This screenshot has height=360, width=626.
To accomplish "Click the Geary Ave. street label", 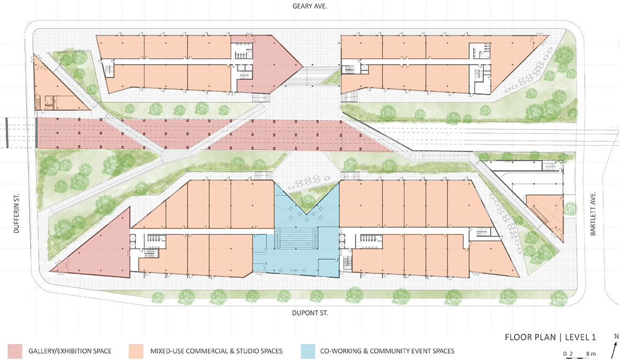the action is click(x=309, y=6).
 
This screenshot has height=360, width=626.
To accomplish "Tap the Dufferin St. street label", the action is click(x=16, y=214).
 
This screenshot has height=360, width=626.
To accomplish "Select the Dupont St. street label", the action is click(x=310, y=313).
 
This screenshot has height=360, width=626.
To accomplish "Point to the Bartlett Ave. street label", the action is click(x=593, y=214).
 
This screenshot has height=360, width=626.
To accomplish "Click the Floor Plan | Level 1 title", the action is click(x=550, y=337).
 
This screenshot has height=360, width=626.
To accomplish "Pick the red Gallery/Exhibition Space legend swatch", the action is click(x=15, y=351).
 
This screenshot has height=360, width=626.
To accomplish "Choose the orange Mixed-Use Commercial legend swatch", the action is click(x=136, y=351).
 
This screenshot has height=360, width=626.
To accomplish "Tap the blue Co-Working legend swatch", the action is click(x=307, y=351).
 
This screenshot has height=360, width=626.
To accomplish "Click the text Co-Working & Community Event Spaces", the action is click(x=387, y=351).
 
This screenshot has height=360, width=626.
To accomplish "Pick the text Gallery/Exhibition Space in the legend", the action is click(x=70, y=351).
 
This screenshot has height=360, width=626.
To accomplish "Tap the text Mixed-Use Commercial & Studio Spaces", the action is click(x=216, y=351).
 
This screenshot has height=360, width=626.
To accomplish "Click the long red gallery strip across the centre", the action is click(x=199, y=134).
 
